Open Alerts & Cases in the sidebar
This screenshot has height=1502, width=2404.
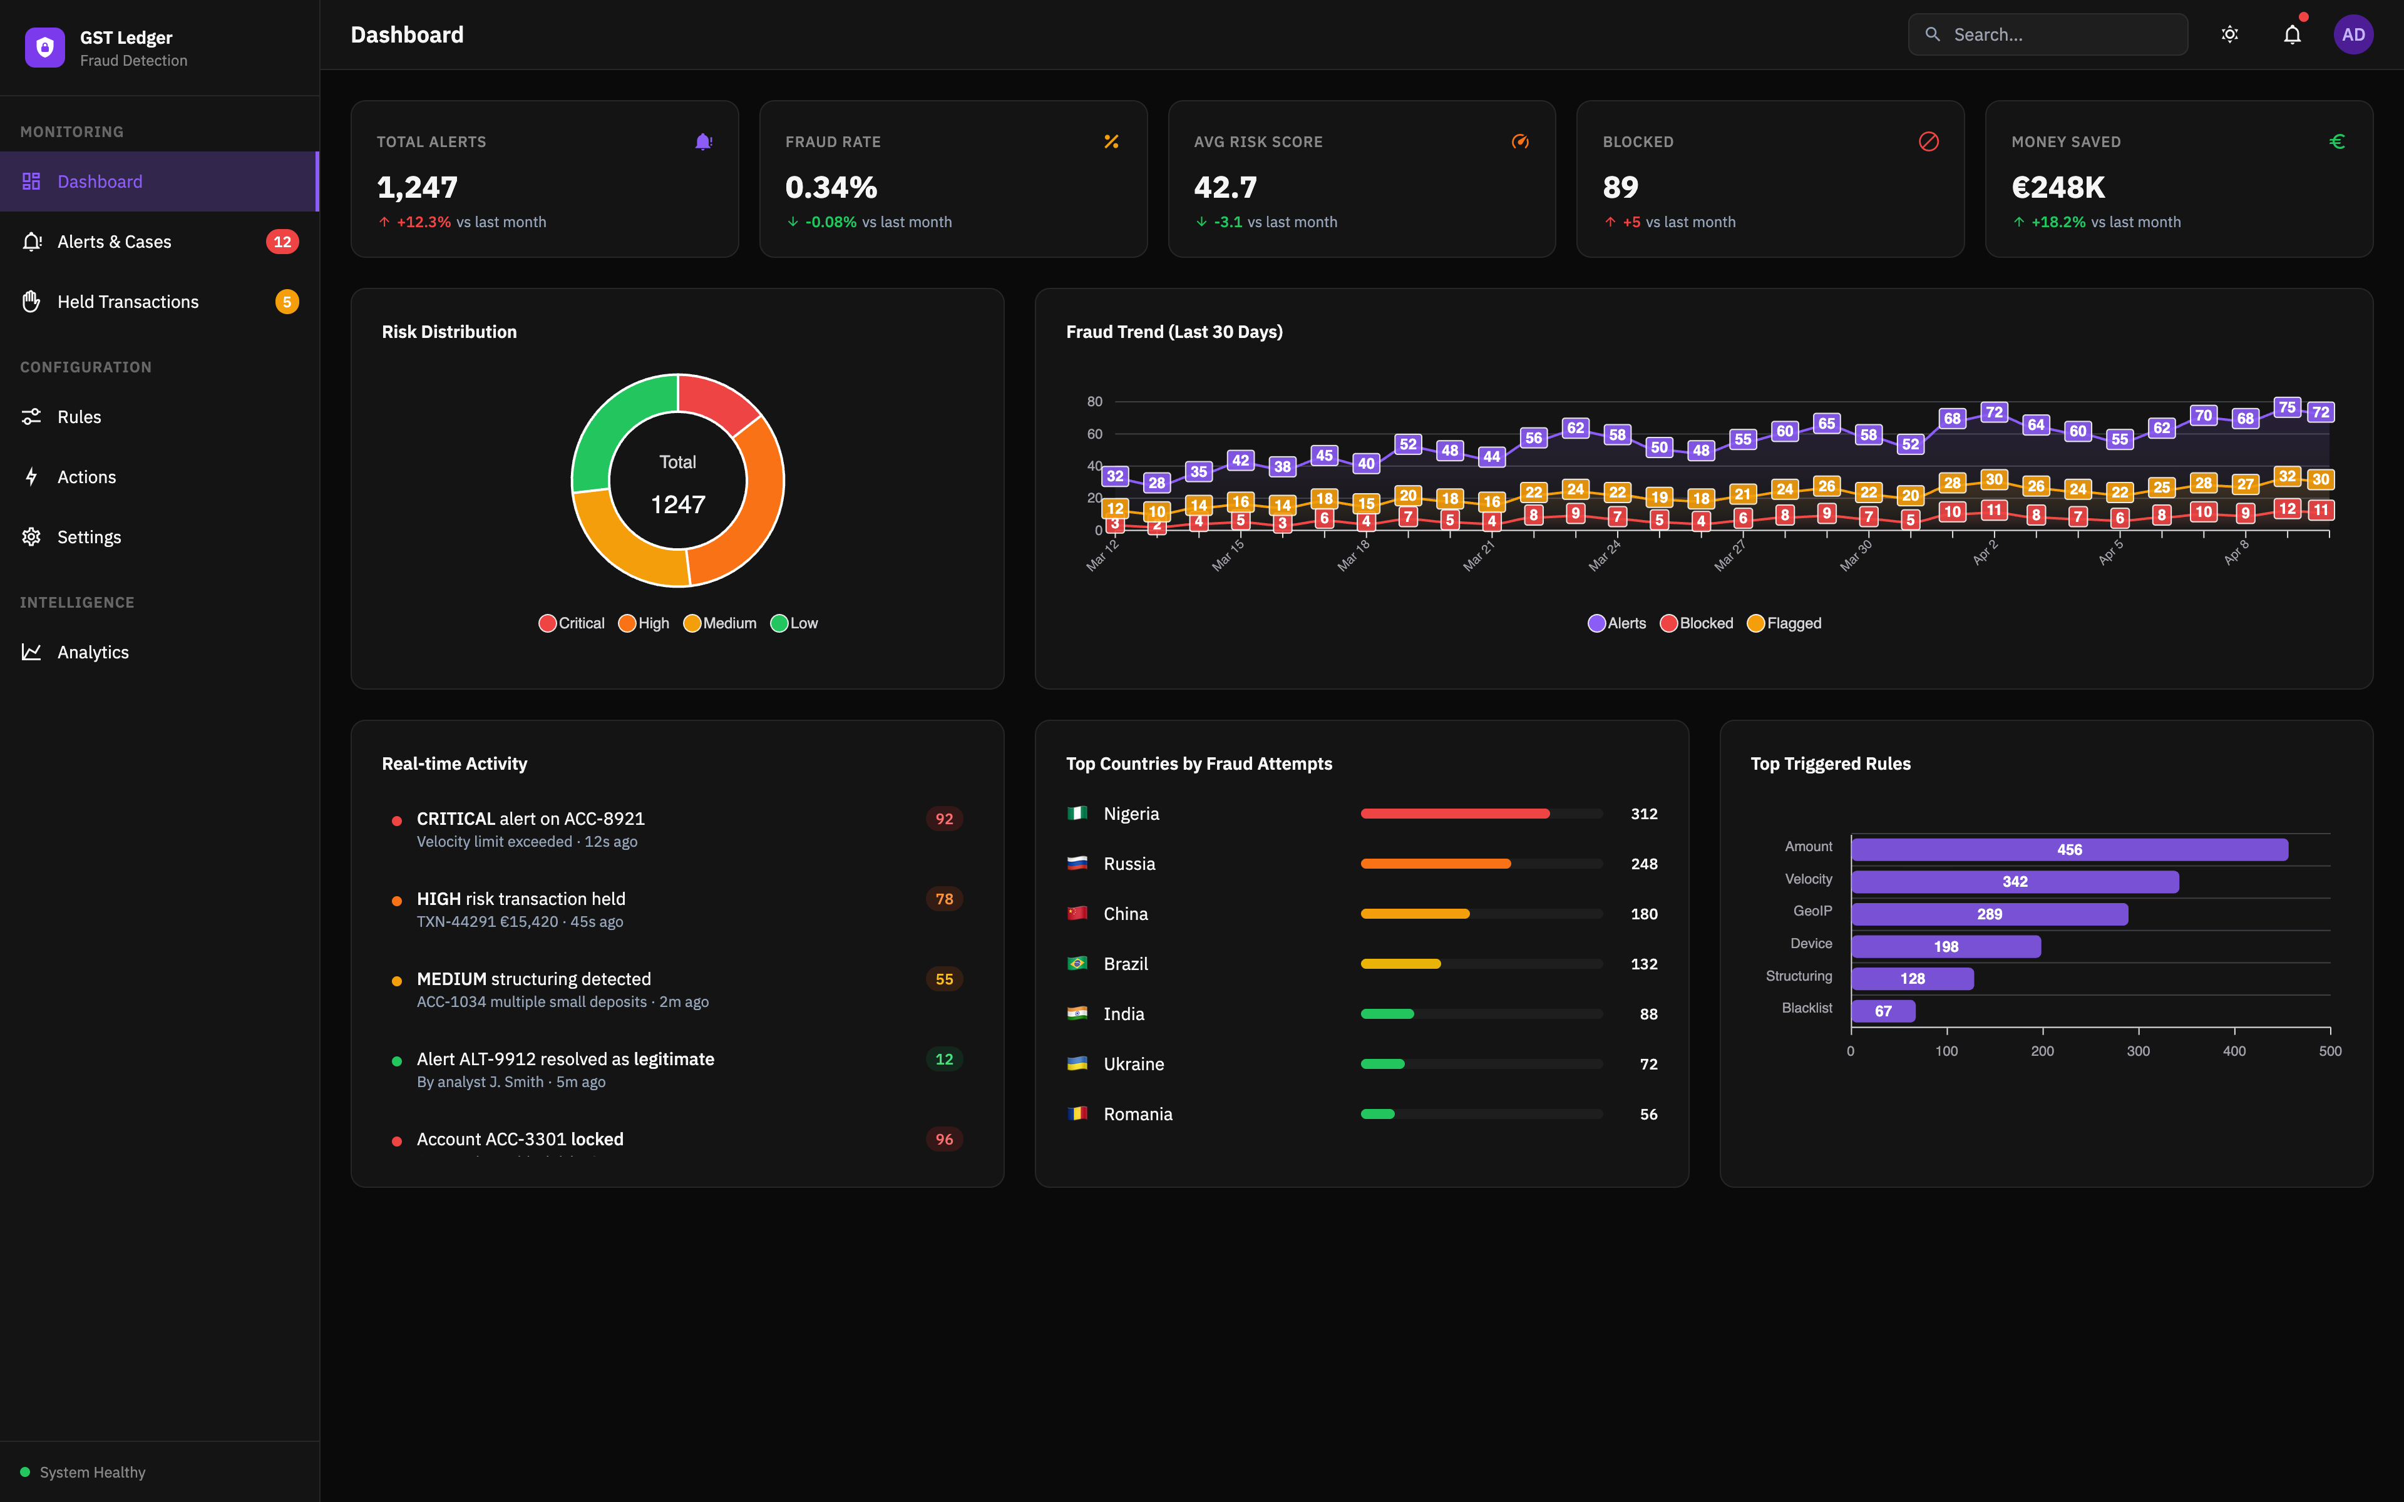pos(114,242)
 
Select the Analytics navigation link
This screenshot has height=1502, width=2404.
pos(93,651)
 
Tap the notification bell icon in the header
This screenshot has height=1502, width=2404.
pos(2292,35)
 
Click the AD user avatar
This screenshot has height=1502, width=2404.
pos(2352,35)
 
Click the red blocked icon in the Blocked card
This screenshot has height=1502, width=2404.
pos(1928,142)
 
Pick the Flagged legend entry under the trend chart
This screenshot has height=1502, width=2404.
pos(1784,623)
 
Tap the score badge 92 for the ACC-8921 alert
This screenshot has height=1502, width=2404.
pos(943,819)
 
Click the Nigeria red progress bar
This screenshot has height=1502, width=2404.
pos(1454,814)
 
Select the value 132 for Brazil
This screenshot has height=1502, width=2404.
pos(1643,964)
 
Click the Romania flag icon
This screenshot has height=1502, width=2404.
pos(1077,1113)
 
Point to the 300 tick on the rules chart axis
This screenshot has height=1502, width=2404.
pos(2138,1051)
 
